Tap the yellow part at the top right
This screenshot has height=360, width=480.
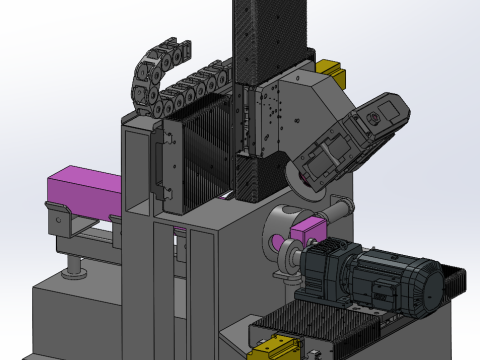[x=331, y=73]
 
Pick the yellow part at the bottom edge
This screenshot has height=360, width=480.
[x=271, y=347]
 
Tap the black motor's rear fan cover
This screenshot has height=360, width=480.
[x=425, y=285]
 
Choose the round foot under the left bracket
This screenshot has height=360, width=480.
[x=72, y=269]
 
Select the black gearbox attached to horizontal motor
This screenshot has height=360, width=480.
[x=325, y=275]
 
